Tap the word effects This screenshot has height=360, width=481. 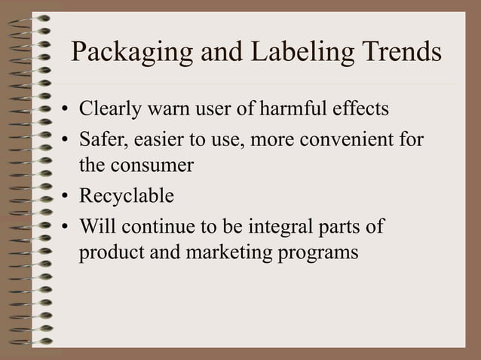(x=361, y=109)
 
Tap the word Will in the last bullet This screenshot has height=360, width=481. (x=97, y=225)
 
